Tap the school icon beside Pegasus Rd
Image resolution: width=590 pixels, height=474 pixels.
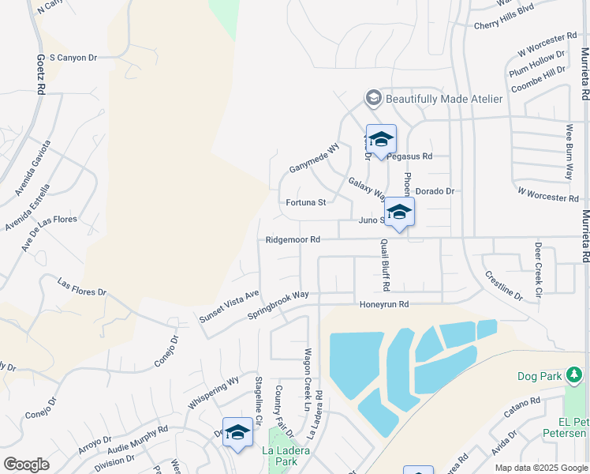pos(381,140)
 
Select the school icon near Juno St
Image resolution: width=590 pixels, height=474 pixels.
pos(400,213)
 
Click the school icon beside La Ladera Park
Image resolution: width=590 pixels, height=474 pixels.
pos(237,432)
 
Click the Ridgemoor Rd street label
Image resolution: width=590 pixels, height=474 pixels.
pos(293,239)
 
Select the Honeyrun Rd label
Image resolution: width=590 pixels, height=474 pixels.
pos(384,304)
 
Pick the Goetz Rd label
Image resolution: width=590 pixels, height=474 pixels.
pos(40,74)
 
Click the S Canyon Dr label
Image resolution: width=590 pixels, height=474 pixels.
pos(73,58)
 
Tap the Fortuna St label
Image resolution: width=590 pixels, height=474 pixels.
pos(305,202)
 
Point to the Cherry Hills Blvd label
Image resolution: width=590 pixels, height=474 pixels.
pos(504,25)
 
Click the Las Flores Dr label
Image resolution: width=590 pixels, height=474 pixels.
pos(82,286)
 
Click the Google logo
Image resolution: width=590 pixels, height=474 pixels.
pos(26,465)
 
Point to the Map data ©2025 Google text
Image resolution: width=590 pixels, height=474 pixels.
pos(540,468)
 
